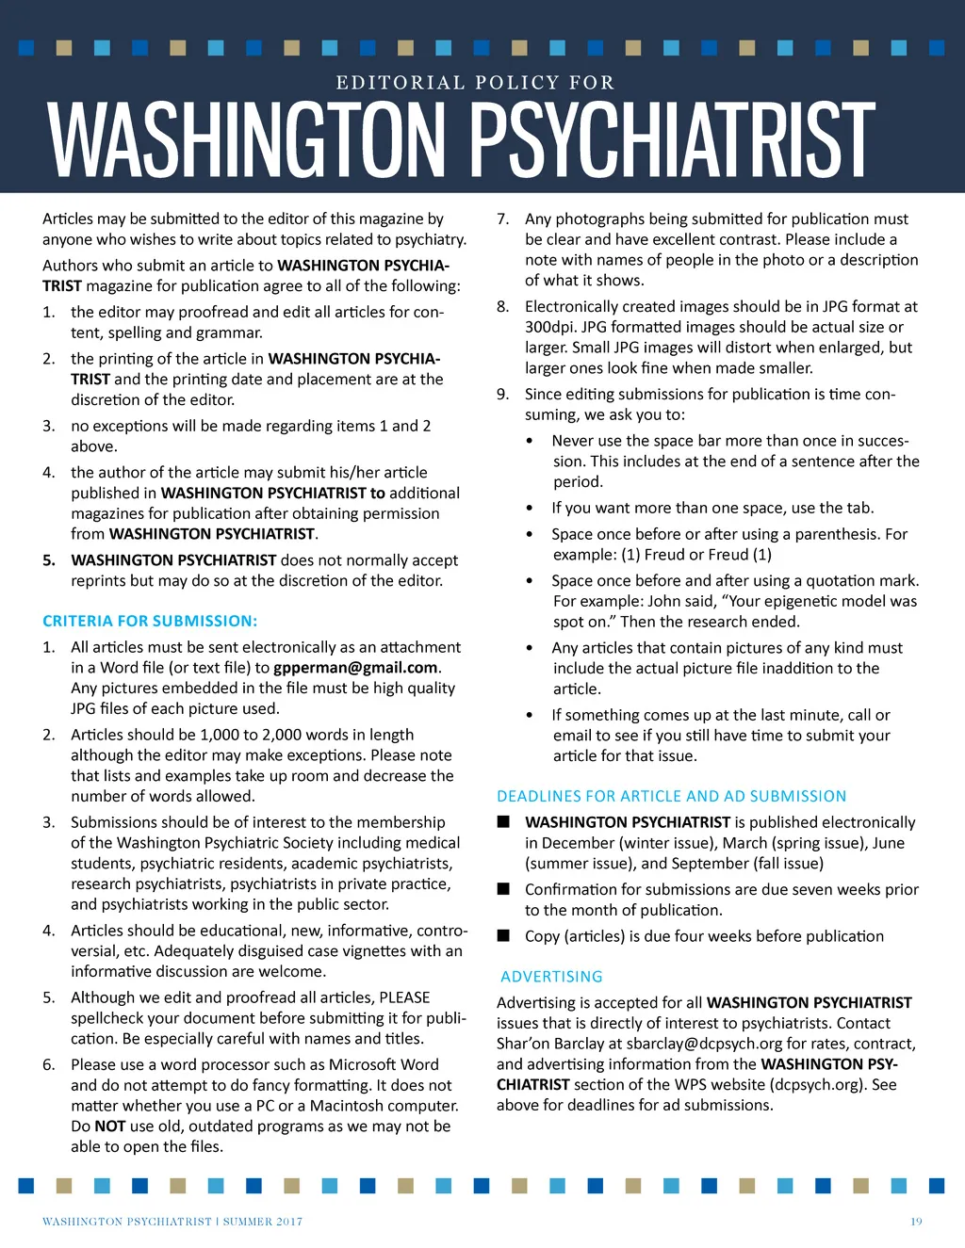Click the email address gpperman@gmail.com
[355, 668]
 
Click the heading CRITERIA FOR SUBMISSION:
[150, 622]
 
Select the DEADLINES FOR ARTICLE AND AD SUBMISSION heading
[671, 797]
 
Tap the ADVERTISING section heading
[551, 977]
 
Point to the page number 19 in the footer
[916, 1222]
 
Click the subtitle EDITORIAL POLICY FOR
[475, 83]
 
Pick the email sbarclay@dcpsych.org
[704, 1044]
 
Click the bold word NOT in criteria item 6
[110, 1126]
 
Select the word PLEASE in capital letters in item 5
[404, 997]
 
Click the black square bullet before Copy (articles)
[503, 936]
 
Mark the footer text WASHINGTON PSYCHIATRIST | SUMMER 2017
[172, 1222]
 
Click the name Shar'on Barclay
[549, 1044]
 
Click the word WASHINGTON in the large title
[247, 141]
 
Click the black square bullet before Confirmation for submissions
[503, 889]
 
